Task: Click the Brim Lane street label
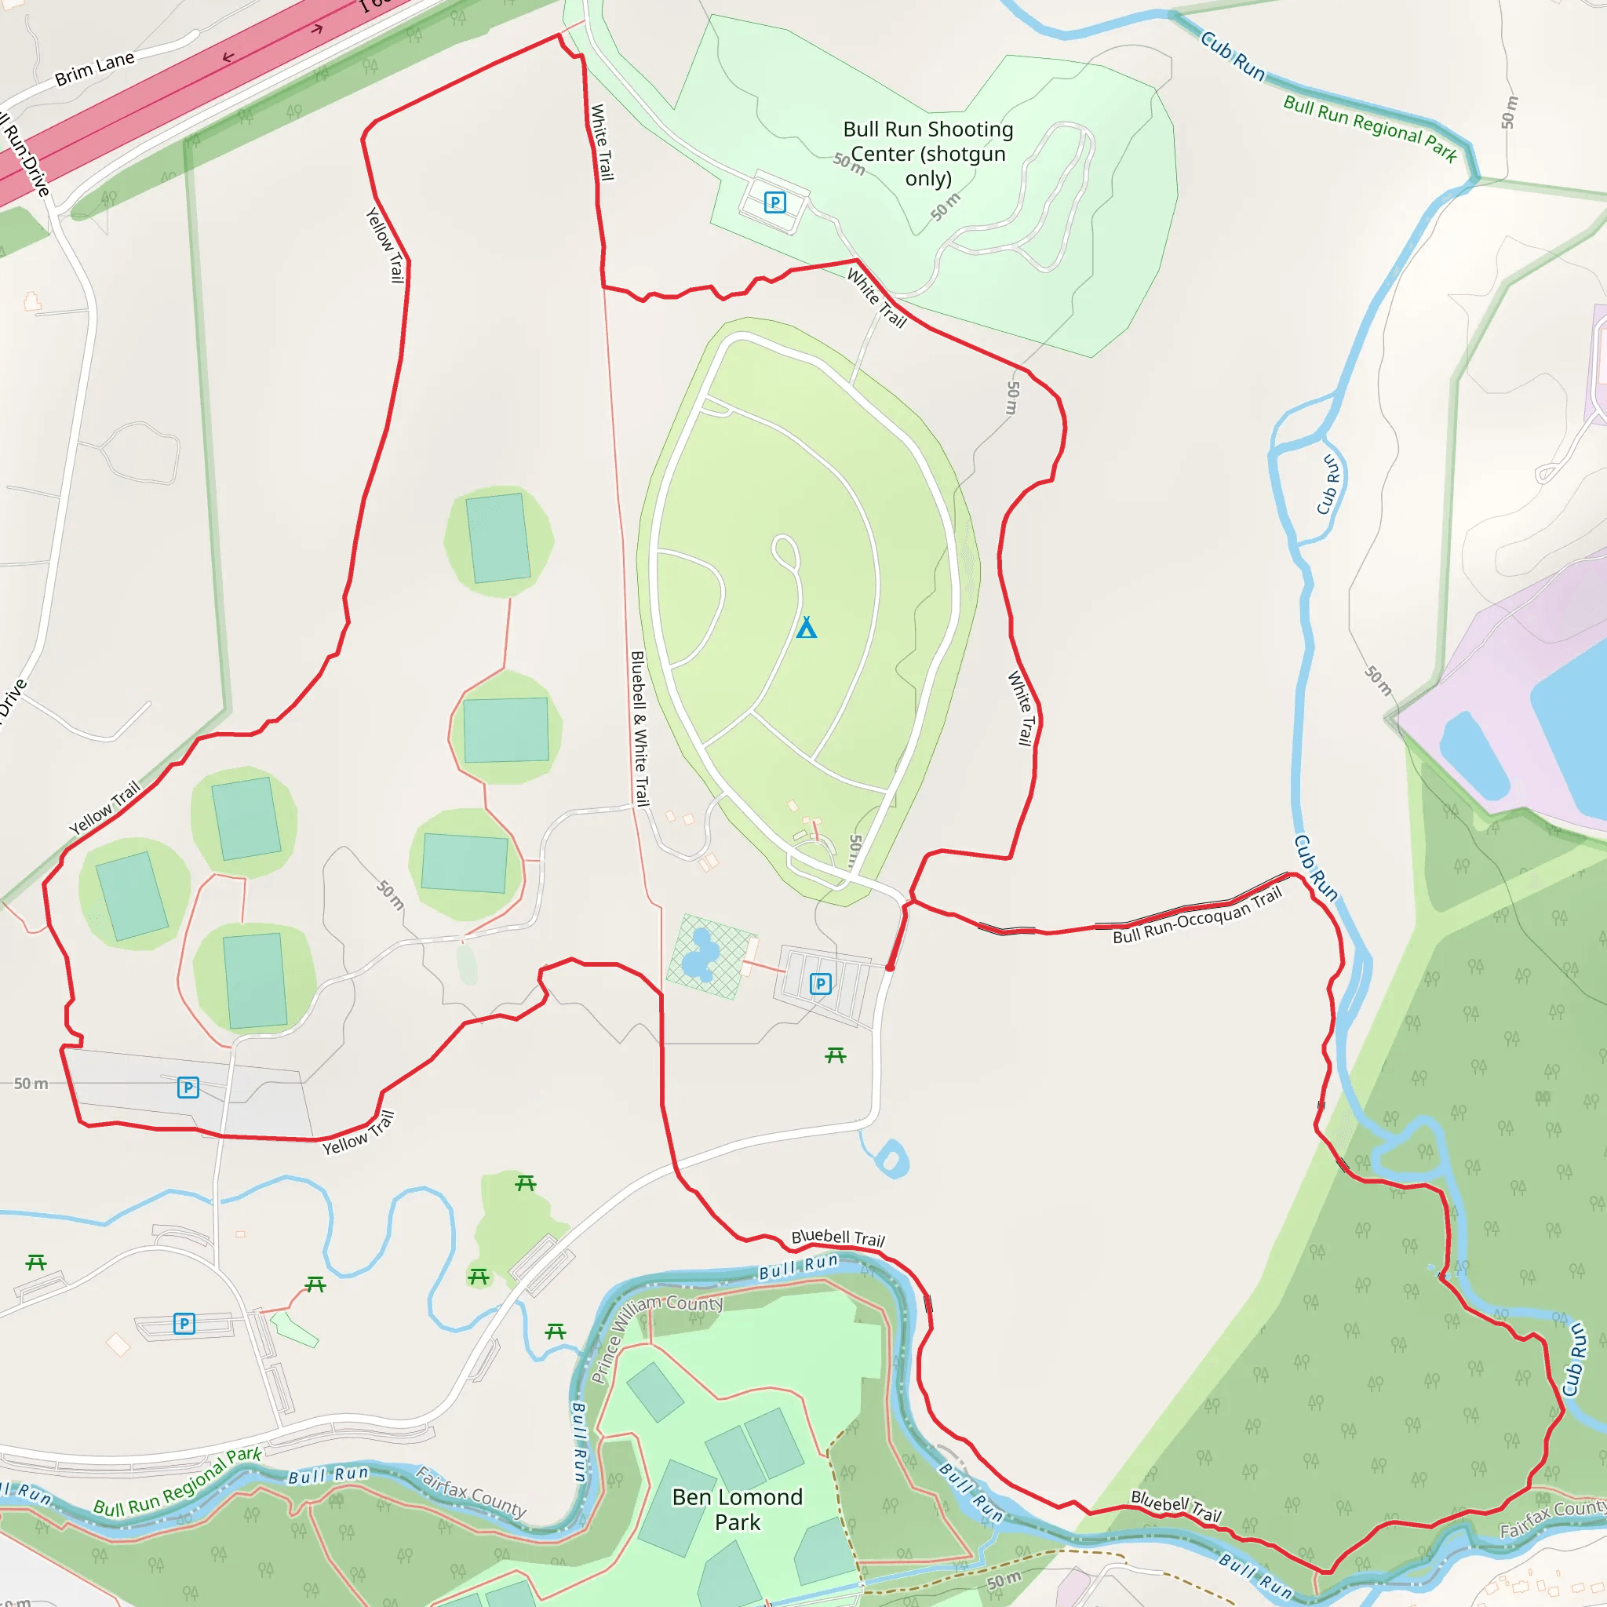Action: tap(94, 68)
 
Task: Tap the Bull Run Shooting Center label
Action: tap(927, 153)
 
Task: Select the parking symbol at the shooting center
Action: tap(774, 202)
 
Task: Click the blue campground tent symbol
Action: tap(806, 627)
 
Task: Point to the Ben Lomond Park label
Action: tap(737, 1509)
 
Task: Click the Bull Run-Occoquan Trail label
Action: tap(1197, 915)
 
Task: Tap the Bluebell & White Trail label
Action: tap(639, 728)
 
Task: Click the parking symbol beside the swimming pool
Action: tap(820, 984)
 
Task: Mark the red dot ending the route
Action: tap(890, 967)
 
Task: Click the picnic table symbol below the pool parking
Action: tap(835, 1055)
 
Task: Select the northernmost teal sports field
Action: tap(497, 538)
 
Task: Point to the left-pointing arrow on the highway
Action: tap(228, 57)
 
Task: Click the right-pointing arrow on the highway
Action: tap(317, 30)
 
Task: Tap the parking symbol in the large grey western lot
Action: tap(188, 1087)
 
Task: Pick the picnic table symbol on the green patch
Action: tap(525, 1182)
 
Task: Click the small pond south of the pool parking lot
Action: tap(891, 1159)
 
